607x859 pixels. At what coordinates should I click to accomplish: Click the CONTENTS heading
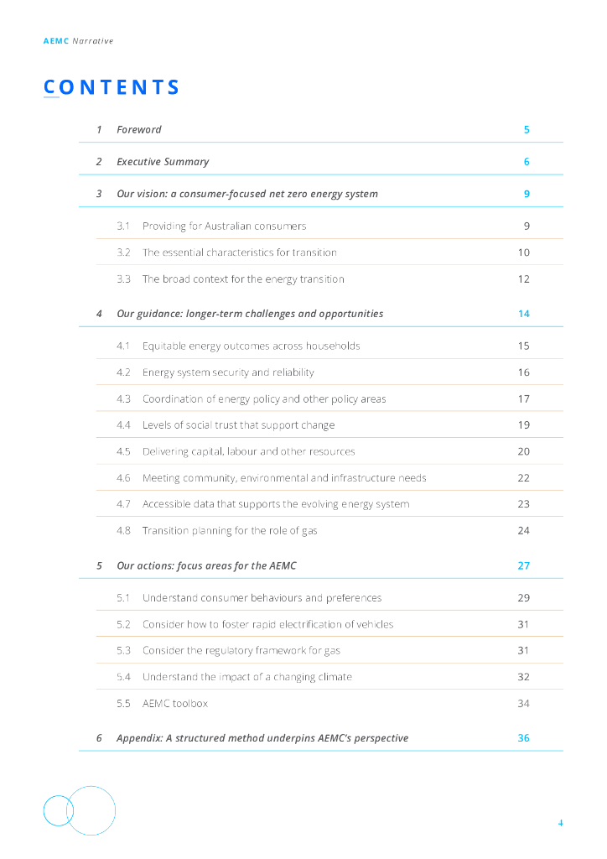(x=112, y=87)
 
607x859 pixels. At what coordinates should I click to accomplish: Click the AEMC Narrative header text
(x=78, y=40)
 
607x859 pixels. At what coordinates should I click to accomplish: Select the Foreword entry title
(x=139, y=130)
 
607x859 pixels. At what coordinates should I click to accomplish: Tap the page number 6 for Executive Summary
(x=527, y=162)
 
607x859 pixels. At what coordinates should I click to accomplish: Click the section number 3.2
(x=123, y=252)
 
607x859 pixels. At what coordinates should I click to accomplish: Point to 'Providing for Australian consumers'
(x=224, y=226)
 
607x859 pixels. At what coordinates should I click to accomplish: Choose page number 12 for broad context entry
(x=524, y=279)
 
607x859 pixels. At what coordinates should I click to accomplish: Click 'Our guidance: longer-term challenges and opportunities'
(x=250, y=314)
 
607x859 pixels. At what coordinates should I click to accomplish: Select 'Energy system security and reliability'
(x=228, y=372)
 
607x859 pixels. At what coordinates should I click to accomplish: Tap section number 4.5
(x=123, y=451)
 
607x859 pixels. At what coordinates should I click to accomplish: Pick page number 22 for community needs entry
(x=524, y=478)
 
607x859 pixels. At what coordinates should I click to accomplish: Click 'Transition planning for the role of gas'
(x=230, y=531)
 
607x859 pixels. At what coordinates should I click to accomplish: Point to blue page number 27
(x=524, y=566)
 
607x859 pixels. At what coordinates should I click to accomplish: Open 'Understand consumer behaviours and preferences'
(x=262, y=598)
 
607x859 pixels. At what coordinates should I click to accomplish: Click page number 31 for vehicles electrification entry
(x=524, y=624)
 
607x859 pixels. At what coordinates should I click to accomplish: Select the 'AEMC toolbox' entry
(x=175, y=704)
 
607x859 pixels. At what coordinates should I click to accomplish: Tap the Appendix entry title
(x=262, y=738)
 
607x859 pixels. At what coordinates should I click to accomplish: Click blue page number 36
(x=524, y=738)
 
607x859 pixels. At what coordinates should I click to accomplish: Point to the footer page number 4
(x=561, y=823)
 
